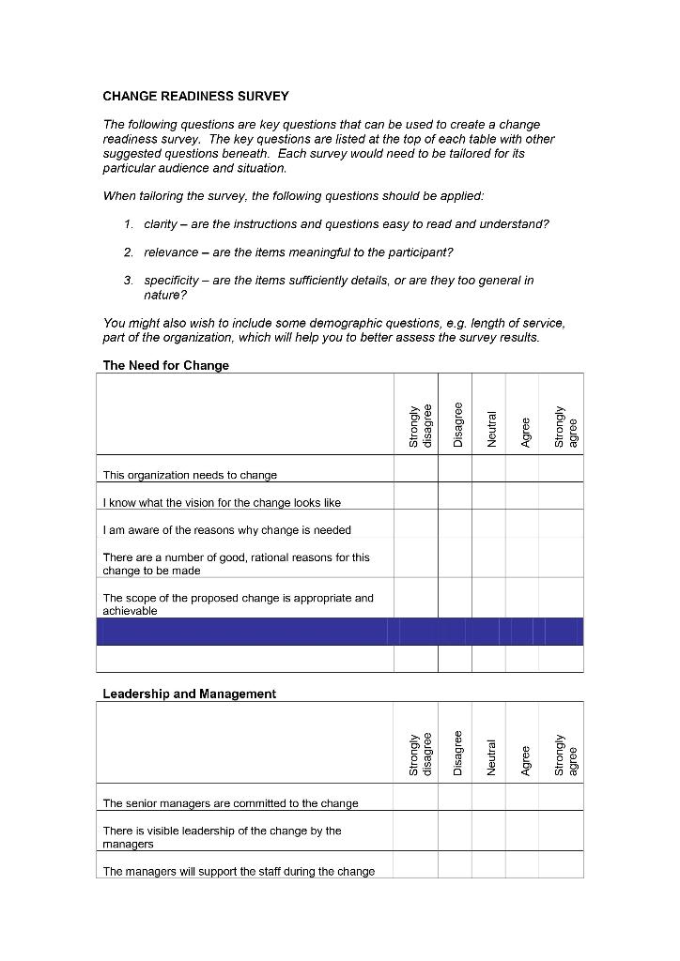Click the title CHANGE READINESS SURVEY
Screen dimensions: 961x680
195,96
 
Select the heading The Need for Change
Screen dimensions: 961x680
165,365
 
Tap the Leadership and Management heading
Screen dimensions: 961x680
189,694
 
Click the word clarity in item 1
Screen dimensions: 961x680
162,224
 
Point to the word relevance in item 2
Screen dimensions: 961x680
171,252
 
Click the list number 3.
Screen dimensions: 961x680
128,281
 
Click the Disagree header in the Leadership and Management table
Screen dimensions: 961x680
456,753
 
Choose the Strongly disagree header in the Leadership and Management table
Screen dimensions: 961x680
420,754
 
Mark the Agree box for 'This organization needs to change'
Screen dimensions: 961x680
522,468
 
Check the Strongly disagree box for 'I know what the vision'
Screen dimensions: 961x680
415,496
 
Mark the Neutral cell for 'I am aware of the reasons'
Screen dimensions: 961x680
488,523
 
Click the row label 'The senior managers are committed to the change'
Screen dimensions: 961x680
230,803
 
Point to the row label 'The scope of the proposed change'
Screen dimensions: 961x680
238,603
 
